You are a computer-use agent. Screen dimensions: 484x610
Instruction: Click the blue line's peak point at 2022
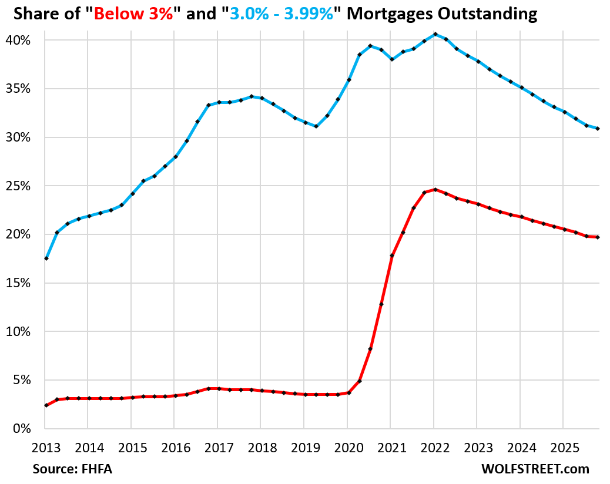[x=434, y=34]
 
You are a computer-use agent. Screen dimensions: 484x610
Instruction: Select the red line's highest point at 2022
[x=434, y=189]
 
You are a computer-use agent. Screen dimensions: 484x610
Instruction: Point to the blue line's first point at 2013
[x=46, y=258]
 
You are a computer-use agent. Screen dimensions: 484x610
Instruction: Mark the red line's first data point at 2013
[x=46, y=405]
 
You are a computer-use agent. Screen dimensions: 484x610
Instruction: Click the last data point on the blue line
[x=598, y=129]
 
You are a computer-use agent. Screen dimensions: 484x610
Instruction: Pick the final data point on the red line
[x=598, y=237]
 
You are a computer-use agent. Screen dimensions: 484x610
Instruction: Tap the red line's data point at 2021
[x=391, y=256]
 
